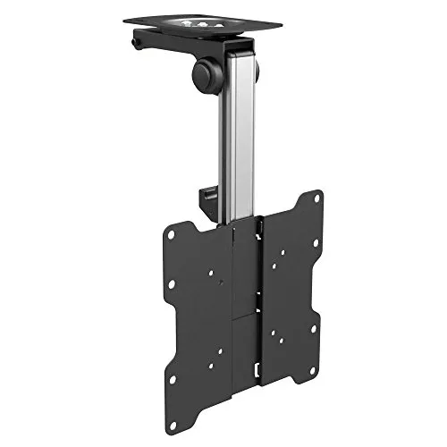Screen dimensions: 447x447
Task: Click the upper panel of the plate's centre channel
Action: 247,259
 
